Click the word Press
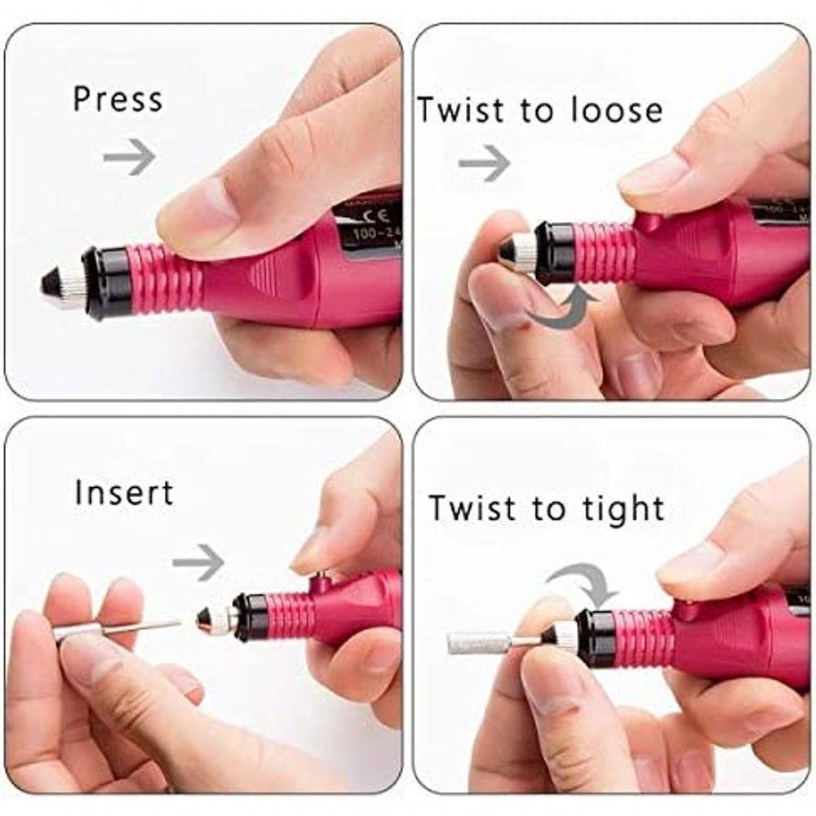[x=118, y=99]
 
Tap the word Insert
[x=124, y=494]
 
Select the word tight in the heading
[x=623, y=508]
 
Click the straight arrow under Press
[x=129, y=157]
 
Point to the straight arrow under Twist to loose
[x=484, y=163]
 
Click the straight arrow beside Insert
[x=198, y=562]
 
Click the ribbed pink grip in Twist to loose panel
[x=605, y=251]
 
